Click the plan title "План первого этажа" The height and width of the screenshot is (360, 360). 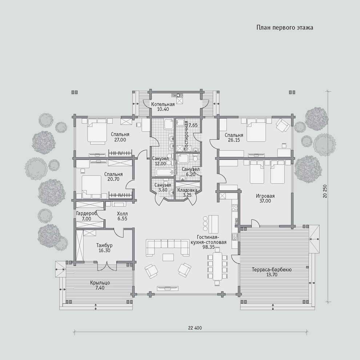[x=285, y=28]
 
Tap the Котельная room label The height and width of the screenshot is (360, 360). [x=163, y=104]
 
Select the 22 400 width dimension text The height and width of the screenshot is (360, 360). [x=195, y=328]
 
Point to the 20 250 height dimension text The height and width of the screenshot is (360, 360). [x=325, y=191]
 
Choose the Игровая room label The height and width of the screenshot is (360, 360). [x=265, y=196]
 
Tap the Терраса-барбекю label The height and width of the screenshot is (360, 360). [x=272, y=269]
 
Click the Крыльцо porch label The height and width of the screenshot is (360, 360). [x=100, y=283]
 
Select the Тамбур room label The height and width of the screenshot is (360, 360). [x=104, y=245]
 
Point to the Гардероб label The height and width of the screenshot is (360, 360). [x=87, y=213]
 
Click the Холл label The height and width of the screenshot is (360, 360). [x=123, y=214]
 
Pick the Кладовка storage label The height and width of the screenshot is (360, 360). [x=187, y=190]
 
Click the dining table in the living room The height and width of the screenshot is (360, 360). [x=217, y=266]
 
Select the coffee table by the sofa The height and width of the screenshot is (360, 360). [x=168, y=257]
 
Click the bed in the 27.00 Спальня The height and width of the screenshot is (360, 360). [x=97, y=131]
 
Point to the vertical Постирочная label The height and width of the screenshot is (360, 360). [x=186, y=136]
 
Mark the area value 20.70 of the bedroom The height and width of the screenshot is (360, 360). [x=113, y=179]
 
